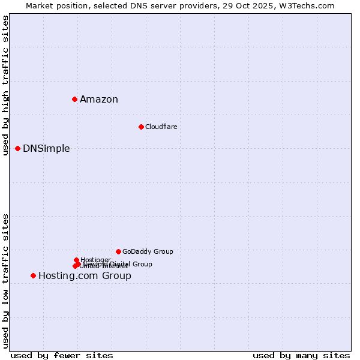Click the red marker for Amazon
click(74, 99)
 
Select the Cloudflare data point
click(141, 127)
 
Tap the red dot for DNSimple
click(17, 148)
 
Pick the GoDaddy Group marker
click(118, 251)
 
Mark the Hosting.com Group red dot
click(33, 275)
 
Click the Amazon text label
click(99, 100)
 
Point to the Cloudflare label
click(161, 127)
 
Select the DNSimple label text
click(46, 149)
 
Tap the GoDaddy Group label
click(148, 251)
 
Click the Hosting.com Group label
click(85, 276)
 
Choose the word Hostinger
click(95, 260)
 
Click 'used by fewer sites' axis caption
click(62, 355)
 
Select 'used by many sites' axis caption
click(301, 355)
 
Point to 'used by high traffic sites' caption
click(5, 85)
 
